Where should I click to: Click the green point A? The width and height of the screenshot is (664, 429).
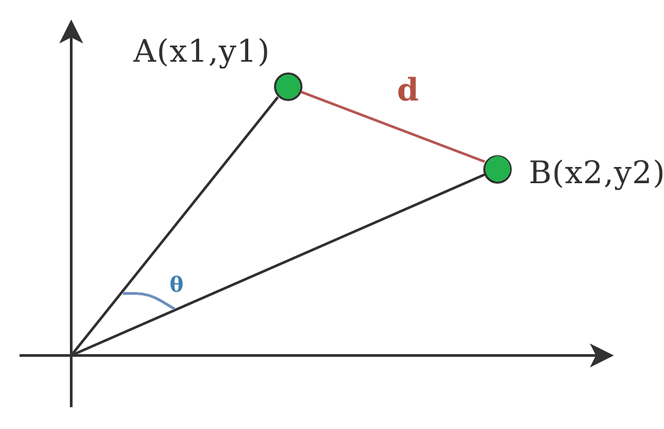coord(288,87)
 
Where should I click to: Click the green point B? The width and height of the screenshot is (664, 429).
coord(497,168)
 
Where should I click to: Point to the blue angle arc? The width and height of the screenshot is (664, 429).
coord(150,298)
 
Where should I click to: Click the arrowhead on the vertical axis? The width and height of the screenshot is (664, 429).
coord(71,32)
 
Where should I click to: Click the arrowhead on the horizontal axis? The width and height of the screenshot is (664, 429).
coord(602,355)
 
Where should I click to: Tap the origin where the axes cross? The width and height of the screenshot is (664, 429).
coord(71,355)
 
